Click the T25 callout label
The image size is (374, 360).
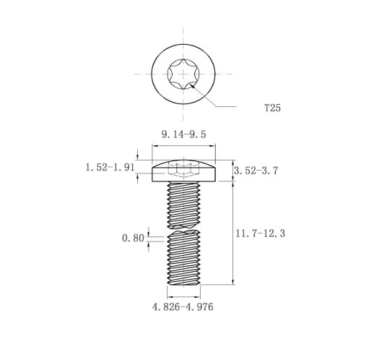click(x=272, y=108)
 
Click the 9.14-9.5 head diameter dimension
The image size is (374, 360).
click(x=183, y=134)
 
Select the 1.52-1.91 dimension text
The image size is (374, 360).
click(x=110, y=167)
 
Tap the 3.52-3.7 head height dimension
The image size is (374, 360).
click(x=256, y=171)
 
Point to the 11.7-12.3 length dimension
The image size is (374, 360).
click(x=260, y=233)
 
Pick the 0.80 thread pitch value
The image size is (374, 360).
click(x=133, y=239)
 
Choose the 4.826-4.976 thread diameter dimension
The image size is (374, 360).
click(x=183, y=307)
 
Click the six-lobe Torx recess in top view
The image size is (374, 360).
click(x=183, y=74)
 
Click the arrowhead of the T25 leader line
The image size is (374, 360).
click(x=192, y=85)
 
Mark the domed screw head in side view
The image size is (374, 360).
click(x=183, y=171)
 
